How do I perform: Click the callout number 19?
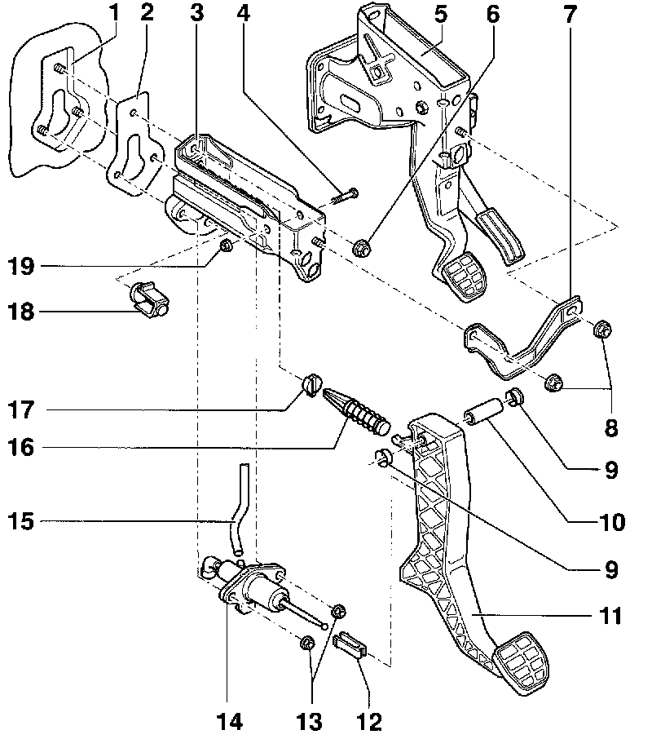point(21,266)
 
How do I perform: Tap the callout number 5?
point(441,14)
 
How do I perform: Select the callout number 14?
point(229,721)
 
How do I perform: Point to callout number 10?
point(611,522)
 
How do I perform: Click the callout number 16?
point(21,447)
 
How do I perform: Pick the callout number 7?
point(570,14)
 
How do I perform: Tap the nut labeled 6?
point(362,247)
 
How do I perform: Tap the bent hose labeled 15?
point(237,509)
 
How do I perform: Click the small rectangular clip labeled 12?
point(350,644)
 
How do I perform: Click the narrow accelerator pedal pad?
point(500,238)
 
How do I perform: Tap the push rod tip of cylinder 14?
point(324,626)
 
